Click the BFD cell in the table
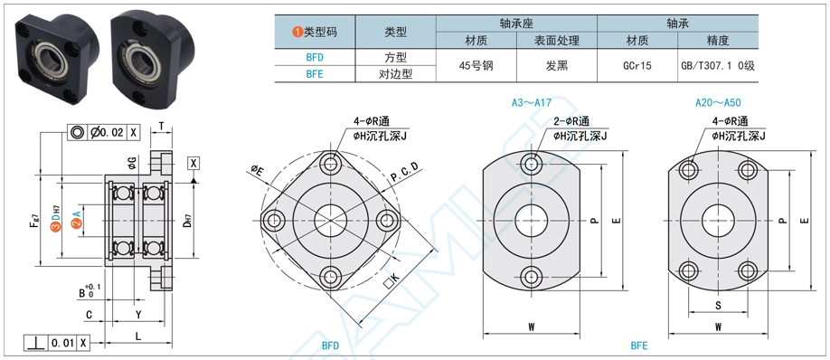(x=314, y=56)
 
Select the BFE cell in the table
(x=314, y=73)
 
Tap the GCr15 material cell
(x=638, y=65)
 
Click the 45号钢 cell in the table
(x=476, y=65)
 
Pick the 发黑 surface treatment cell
(x=557, y=65)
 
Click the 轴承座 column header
(x=515, y=23)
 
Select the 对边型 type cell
(x=395, y=73)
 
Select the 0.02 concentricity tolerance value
(x=110, y=132)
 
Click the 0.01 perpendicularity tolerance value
(x=63, y=344)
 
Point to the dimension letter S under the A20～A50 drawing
(x=718, y=306)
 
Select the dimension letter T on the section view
(x=161, y=128)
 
